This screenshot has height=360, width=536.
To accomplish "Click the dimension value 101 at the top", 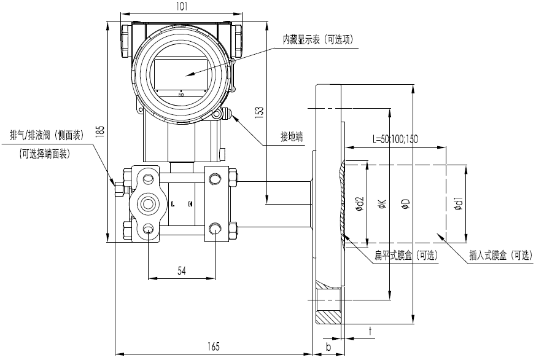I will coord(181,6).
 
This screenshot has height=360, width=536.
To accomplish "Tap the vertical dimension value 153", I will coord(259,111).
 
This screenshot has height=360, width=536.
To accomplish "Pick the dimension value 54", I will coord(182,270).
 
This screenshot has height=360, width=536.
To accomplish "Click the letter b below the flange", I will coord(328,347).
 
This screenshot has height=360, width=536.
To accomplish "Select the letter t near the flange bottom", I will coord(371,331).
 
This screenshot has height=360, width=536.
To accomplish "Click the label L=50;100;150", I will coord(395,139).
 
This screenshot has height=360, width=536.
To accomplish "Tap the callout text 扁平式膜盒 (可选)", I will coord(406,255).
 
